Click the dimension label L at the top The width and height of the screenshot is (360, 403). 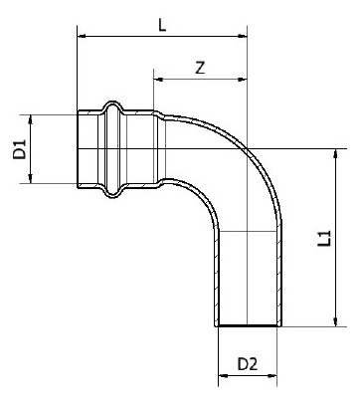[x=162, y=25]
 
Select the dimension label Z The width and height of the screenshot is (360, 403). [x=200, y=68]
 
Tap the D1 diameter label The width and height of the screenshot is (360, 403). [x=20, y=149]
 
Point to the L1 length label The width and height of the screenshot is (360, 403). [x=325, y=238]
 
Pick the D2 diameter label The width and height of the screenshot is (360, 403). [x=248, y=364]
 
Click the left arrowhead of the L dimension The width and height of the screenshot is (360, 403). [x=82, y=36]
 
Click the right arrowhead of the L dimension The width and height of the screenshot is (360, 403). [x=243, y=36]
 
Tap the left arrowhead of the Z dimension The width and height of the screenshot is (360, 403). [x=158, y=80]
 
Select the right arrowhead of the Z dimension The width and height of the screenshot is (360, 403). [x=243, y=80]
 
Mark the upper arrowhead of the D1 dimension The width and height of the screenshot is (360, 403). [x=31, y=119]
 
